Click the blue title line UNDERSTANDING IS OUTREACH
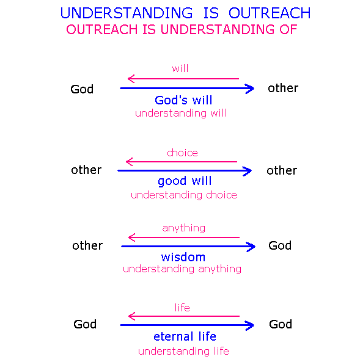(185, 13)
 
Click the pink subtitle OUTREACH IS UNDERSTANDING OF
(182, 29)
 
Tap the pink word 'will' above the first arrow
(180, 68)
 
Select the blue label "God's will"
(183, 100)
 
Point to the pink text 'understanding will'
(181, 114)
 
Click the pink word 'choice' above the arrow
(182, 153)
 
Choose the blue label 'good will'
(185, 181)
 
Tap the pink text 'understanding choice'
(184, 195)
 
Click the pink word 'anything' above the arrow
(184, 228)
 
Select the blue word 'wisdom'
(183, 257)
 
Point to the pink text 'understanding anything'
(182, 269)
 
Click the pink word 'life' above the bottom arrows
(182, 308)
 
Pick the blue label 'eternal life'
(185, 336)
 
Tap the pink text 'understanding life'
(183, 351)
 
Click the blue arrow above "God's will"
(187, 89)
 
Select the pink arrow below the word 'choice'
(182, 162)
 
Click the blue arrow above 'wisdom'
(188, 247)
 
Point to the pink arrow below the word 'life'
(184, 316)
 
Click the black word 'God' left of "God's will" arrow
(82, 89)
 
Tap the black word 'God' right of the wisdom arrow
(280, 245)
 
